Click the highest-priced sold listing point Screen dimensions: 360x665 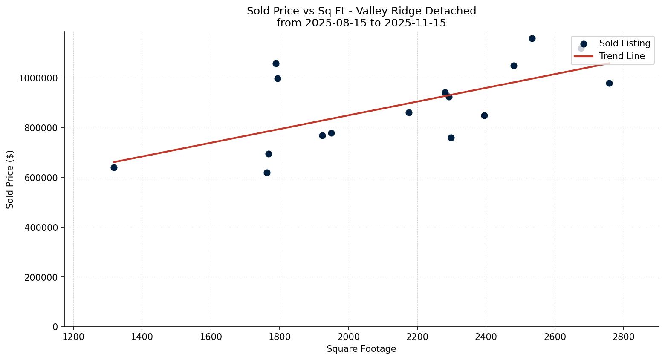tap(532, 38)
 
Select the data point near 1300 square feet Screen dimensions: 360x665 tap(114, 167)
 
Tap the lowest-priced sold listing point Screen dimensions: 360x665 tap(267, 173)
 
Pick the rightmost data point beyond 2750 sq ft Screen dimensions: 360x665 tap(609, 83)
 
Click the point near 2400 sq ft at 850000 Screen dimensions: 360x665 tap(484, 115)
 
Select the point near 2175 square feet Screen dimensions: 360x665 tap(409, 112)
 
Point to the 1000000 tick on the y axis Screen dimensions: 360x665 tap(38, 78)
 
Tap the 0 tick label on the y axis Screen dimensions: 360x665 tap(55, 327)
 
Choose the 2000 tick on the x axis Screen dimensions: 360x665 tap(348, 337)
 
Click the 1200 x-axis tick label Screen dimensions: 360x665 tap(73, 337)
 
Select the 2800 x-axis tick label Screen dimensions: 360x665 tap(624, 337)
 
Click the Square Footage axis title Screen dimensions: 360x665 tap(361, 349)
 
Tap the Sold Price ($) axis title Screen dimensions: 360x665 tap(10, 179)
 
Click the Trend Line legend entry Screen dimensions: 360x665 tap(622, 56)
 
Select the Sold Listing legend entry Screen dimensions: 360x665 tap(625, 43)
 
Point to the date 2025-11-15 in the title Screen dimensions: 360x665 tap(415, 23)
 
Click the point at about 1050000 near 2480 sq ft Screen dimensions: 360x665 tap(514, 66)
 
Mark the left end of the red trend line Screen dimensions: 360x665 tap(114, 162)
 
